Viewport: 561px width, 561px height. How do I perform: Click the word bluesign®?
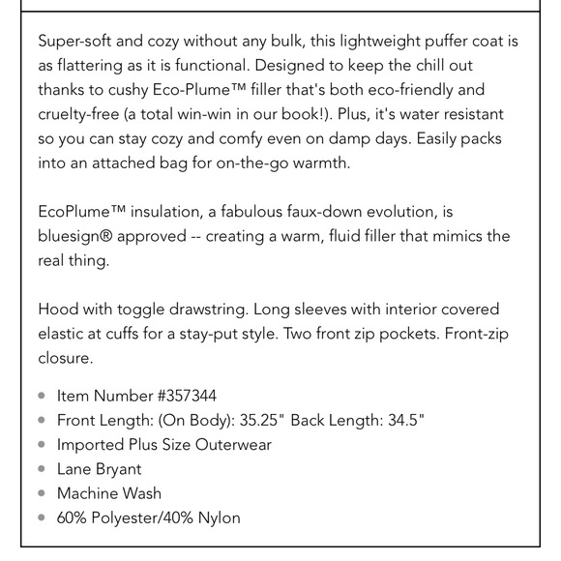78,236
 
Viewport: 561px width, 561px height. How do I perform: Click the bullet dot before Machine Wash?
42,493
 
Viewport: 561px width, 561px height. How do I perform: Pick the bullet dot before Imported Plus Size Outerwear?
42,445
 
